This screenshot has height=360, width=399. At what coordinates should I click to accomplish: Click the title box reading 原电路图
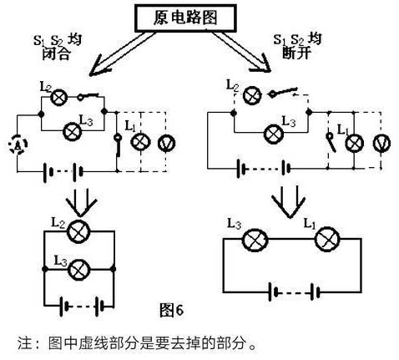185,18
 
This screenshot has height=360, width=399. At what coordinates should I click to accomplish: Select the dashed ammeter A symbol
18,144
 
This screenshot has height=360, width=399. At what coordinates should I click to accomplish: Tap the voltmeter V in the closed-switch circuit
166,143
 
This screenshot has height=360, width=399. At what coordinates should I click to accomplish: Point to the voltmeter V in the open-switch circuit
381,143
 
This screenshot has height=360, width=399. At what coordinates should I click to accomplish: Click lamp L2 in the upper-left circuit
58,97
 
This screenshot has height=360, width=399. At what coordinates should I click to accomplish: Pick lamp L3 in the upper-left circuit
72,131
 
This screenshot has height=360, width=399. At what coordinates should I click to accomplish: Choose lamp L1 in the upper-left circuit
140,142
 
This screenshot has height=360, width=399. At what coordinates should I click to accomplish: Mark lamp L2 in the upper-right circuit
252,95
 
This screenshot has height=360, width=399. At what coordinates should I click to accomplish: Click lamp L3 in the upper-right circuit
274,134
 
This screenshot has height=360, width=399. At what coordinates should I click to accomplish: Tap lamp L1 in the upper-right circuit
354,144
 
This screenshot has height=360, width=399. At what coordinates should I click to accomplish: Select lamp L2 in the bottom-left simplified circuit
78,231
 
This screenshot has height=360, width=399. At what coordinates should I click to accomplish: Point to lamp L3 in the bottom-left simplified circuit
79,270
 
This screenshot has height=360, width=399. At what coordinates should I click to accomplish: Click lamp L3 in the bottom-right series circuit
255,240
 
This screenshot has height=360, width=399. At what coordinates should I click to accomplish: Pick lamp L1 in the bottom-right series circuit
327,239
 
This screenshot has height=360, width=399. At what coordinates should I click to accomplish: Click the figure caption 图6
171,310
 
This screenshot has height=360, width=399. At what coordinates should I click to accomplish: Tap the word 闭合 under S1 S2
56,54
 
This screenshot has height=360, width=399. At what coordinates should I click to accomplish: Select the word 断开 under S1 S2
295,53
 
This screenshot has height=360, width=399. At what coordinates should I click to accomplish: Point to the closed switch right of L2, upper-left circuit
88,97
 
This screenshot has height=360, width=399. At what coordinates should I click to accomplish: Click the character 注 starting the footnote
25,342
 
